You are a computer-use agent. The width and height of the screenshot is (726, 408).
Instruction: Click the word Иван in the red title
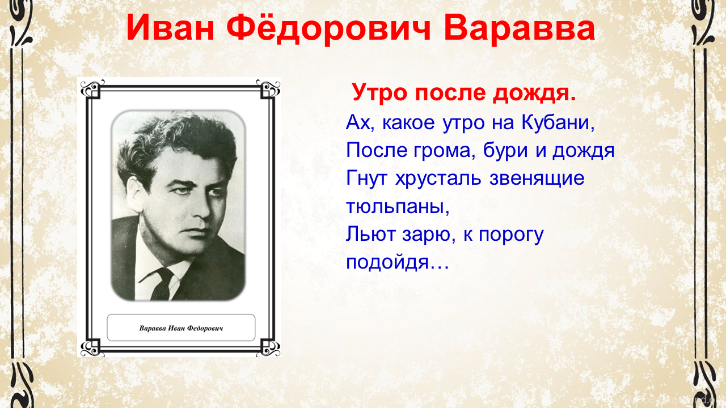[x=171, y=28]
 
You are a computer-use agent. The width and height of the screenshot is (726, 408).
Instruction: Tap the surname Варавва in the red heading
[x=519, y=28]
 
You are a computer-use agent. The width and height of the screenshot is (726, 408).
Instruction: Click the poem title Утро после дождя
[x=464, y=92]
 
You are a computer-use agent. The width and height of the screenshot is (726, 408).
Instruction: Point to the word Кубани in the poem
[x=558, y=122]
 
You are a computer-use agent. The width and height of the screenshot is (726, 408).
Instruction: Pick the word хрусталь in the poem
[x=438, y=178]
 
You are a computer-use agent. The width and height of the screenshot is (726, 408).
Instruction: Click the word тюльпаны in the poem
[x=398, y=206]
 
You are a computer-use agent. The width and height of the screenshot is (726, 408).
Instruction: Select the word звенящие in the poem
[x=537, y=178]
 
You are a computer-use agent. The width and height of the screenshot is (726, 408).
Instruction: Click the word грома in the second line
[x=444, y=151]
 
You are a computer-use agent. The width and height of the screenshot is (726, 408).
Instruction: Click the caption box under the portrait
[x=181, y=328]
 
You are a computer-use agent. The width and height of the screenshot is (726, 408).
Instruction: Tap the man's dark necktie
[x=163, y=284]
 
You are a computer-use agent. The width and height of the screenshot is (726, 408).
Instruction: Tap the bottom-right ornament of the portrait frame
[x=268, y=347]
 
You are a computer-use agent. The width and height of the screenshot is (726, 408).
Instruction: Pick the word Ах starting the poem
[x=358, y=122]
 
